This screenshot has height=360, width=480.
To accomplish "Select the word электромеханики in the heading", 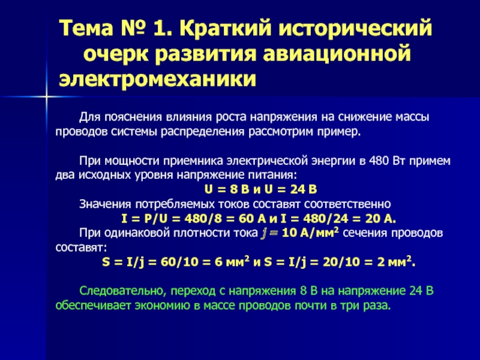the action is (157, 79).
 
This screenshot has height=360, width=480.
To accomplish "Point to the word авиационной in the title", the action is (337, 54).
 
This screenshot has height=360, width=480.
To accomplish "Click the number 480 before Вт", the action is (379, 161).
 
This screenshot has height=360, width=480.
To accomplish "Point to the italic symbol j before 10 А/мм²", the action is (263, 233).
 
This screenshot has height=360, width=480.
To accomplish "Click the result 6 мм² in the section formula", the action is (232, 262).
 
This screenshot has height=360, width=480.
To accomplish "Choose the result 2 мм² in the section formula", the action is (396, 262).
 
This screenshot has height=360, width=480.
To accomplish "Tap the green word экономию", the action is (163, 306).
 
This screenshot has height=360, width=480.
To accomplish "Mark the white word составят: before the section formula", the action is (81, 247).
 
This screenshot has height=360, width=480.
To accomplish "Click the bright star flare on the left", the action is (46, 97).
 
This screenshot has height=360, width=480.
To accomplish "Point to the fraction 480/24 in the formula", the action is (326, 218).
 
